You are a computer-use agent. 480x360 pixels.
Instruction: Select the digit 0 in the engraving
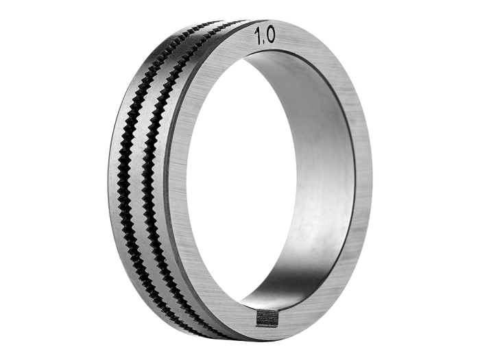coord(270,35)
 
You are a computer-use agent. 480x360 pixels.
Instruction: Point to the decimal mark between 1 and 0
coord(263,42)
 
